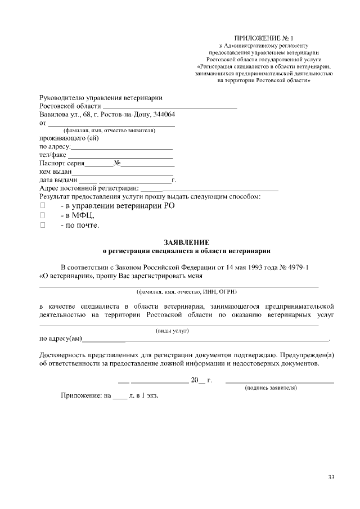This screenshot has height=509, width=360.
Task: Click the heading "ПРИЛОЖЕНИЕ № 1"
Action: [x=264, y=37]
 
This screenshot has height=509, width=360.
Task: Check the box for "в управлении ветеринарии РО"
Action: [x=42, y=206]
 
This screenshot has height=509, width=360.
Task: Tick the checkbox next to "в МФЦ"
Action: [x=42, y=215]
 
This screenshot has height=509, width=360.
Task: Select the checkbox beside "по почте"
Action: [x=42, y=225]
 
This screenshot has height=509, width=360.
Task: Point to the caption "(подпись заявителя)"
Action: [x=271, y=389]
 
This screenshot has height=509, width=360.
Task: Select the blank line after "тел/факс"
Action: [x=120, y=157]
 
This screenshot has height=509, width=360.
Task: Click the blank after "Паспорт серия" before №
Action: [x=99, y=166]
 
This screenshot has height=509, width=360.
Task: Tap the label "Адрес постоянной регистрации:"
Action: [x=89, y=188]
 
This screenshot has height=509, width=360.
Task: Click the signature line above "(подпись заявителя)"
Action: [x=280, y=382]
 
